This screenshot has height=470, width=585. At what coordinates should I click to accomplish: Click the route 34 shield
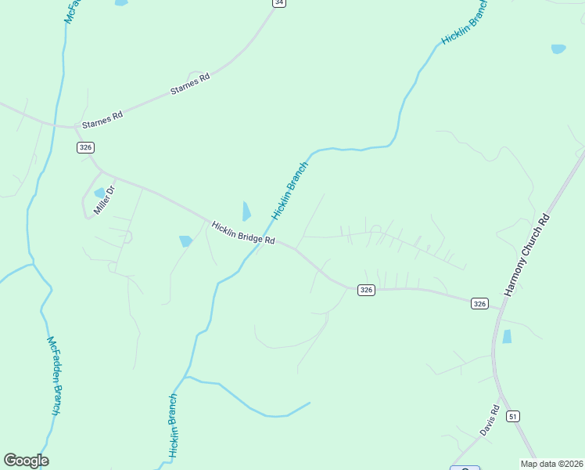pos(279,3)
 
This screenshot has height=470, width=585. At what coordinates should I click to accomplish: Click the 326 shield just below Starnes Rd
pos(86,147)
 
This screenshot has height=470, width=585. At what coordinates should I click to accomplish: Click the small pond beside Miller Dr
pos(99,193)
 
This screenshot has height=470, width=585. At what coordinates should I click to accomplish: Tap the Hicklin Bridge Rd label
pos(243,233)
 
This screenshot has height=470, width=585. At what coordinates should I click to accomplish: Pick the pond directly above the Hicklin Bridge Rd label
pos(246,211)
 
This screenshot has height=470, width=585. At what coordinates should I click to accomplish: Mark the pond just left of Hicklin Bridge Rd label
pos(185,241)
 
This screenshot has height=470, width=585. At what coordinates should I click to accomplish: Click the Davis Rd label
pos(490,421)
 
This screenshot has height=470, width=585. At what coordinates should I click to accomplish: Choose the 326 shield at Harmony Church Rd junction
pos(479,303)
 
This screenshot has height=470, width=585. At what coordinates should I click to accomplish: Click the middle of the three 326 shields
pos(366,290)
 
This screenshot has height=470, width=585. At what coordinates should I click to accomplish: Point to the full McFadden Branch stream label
pos(54,377)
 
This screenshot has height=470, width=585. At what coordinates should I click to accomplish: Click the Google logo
pos(26,461)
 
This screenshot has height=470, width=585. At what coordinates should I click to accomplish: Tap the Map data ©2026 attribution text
pos(551,464)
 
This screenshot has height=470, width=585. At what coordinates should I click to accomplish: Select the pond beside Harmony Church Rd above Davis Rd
pos(507,337)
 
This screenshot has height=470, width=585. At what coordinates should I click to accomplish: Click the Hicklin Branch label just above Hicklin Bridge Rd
pos(290,190)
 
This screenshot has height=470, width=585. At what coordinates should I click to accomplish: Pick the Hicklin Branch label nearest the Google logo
pos(174,425)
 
